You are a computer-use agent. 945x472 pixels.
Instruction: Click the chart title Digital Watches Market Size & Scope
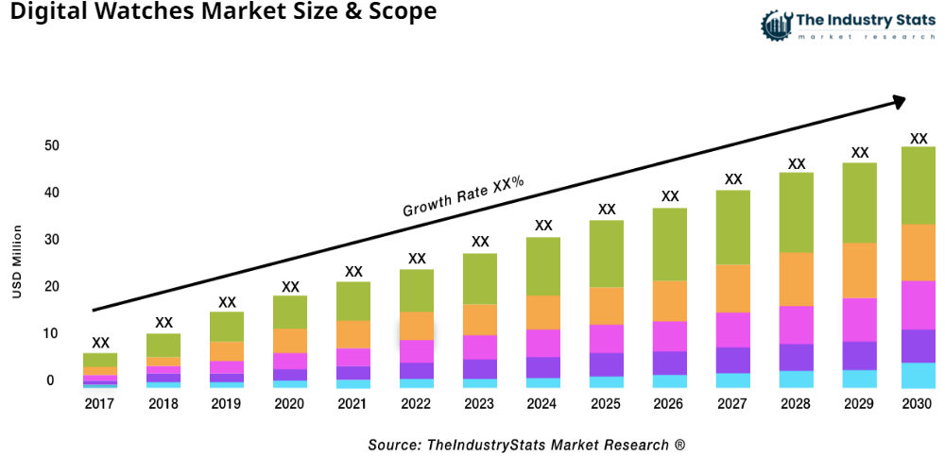219,13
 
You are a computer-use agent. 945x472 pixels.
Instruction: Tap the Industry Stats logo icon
775,25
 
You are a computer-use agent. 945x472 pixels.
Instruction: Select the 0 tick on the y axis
50,380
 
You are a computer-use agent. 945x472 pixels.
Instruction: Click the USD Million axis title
17,261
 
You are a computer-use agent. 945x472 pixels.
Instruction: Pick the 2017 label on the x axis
100,404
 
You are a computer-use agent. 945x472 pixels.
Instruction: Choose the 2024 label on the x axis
543,404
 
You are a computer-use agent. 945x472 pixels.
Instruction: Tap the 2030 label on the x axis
918,404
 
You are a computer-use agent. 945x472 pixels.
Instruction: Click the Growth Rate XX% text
463,196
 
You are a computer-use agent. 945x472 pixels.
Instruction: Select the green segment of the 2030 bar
918,185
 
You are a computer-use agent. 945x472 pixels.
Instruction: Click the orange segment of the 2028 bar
797,279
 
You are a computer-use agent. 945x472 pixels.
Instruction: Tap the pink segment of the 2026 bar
670,336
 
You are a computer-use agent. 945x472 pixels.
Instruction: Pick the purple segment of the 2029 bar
859,355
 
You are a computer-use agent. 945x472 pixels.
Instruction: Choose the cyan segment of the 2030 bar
918,375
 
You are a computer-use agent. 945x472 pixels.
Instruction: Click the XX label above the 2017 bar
100,343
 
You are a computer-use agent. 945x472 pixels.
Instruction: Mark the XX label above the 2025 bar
607,210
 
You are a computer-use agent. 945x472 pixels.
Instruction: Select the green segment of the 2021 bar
353,301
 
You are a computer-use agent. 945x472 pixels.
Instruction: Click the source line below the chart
526,444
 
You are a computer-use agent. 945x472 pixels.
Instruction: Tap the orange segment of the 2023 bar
480,319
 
